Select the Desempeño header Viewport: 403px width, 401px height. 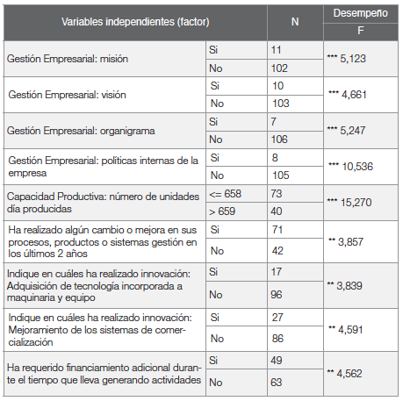coord(360,12)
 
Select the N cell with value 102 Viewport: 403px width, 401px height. coord(279,67)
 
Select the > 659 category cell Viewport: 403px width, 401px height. coord(223,211)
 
